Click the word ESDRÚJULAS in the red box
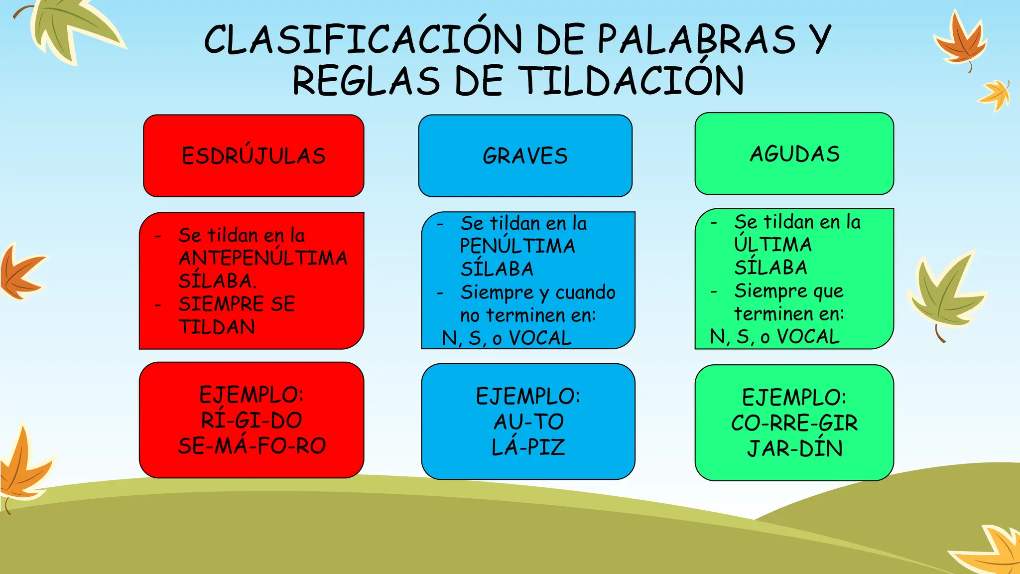point(254,155)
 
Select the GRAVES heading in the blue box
point(525,156)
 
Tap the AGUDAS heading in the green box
point(794,154)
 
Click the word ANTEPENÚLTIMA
point(263,258)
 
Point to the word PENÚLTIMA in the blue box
point(517,246)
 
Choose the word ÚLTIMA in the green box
point(773,244)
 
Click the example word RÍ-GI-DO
point(252,420)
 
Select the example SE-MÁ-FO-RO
point(252,445)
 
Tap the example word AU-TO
point(528,422)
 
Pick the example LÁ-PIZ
point(528,447)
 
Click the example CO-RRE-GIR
point(794,423)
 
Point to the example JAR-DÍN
point(794,448)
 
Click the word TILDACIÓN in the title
point(631,81)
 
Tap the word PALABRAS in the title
point(697,39)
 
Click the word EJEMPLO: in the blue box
point(528,396)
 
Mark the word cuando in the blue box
point(585,292)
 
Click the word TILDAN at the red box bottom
point(217,327)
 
